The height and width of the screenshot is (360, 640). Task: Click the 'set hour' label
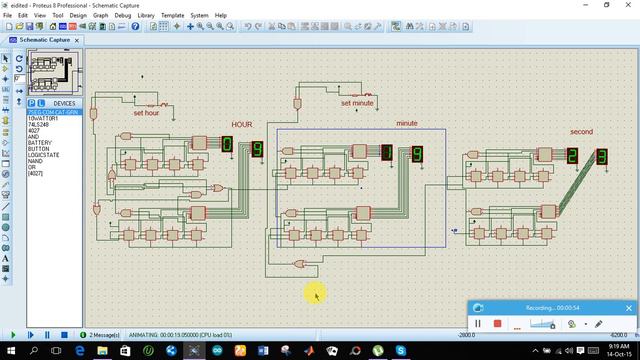(x=146, y=113)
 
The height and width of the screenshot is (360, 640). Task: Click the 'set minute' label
(x=357, y=103)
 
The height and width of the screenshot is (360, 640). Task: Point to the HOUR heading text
(x=242, y=124)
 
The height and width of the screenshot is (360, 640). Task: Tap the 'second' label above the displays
(x=582, y=132)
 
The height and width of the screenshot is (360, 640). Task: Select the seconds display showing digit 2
(x=572, y=156)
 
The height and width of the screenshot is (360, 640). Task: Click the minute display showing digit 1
(x=387, y=153)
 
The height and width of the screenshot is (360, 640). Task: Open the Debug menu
(x=123, y=16)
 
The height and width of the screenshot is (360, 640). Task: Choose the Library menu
(x=147, y=16)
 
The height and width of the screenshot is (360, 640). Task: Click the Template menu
(x=173, y=16)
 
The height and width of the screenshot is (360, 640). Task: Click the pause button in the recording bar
(x=478, y=324)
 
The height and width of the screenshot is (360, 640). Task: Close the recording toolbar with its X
(x=628, y=307)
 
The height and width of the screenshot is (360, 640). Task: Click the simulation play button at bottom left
(x=14, y=335)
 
